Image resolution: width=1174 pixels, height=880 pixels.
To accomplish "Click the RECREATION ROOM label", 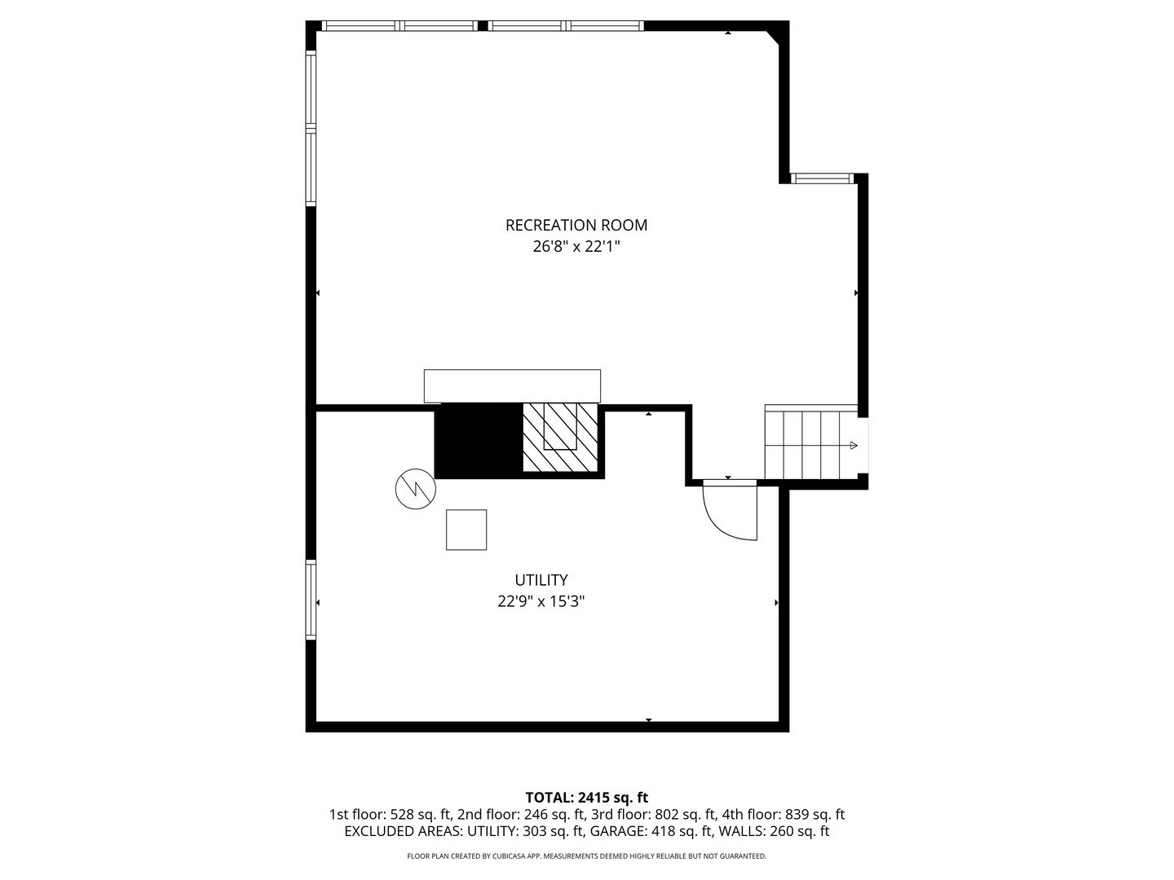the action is click(x=576, y=225).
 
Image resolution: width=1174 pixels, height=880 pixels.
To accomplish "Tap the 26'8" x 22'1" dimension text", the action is click(x=576, y=247).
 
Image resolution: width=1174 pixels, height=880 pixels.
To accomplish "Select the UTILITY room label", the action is click(x=541, y=579).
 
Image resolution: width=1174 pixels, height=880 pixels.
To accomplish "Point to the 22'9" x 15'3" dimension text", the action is click(x=541, y=601).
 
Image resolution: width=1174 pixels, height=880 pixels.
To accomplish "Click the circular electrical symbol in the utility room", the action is click(x=416, y=489).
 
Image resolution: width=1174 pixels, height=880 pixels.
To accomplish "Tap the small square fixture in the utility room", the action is click(x=466, y=530).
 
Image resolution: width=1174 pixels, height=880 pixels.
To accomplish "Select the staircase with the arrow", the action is click(x=811, y=442).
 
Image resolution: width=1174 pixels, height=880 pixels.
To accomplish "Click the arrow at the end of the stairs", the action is click(x=854, y=446).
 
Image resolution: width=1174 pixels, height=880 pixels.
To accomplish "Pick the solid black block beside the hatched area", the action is click(x=479, y=441).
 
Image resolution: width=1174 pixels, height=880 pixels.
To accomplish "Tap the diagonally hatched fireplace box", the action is click(x=560, y=438).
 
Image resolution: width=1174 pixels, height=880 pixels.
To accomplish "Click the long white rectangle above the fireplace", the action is click(x=512, y=385).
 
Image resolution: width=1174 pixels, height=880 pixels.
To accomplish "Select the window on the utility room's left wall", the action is click(x=311, y=599).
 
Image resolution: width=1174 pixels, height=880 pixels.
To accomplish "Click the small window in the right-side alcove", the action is click(x=822, y=178).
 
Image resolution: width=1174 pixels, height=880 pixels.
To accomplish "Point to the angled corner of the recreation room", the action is click(x=773, y=37).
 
